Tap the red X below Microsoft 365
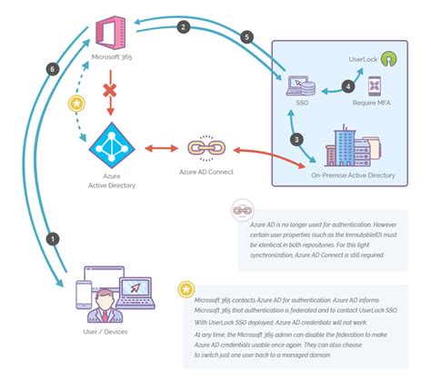(110, 93)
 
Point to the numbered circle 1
(53, 238)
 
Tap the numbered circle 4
(346, 87)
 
